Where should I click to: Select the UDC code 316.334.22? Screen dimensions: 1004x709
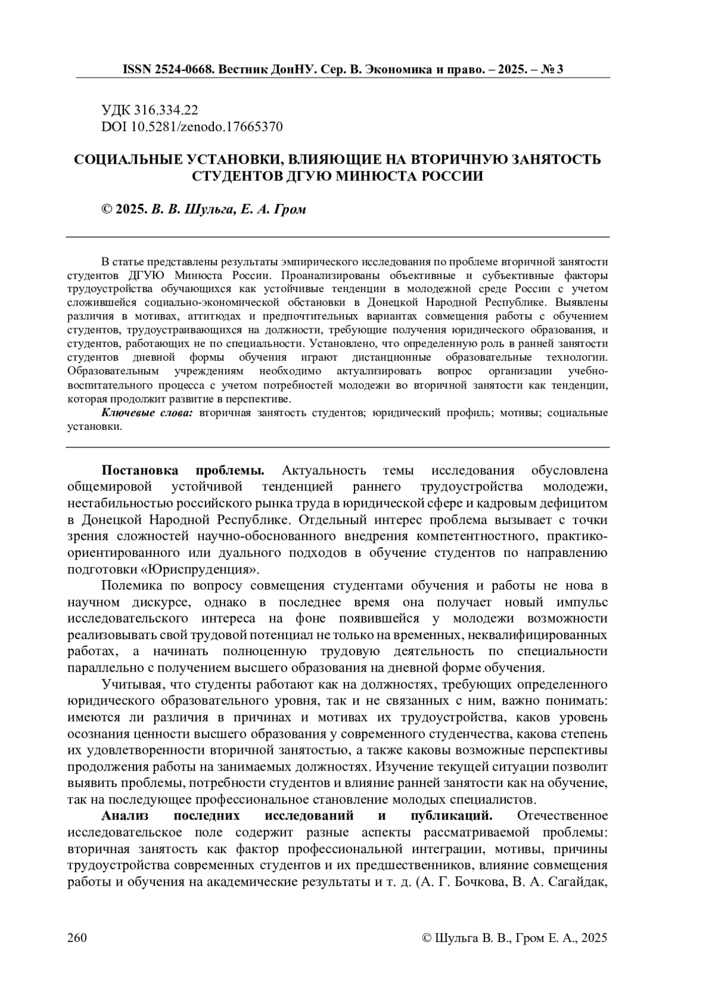tap(167, 111)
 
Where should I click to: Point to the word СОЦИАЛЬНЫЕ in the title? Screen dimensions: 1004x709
tap(124, 160)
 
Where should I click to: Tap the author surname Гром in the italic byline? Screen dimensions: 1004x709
tap(291, 210)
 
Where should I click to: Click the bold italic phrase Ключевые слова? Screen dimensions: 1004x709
tap(147, 413)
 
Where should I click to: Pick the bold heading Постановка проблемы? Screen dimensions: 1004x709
tap(183, 471)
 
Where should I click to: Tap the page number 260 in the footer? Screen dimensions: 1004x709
tap(78, 938)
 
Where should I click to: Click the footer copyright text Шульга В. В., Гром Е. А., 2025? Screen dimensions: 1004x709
tap(520, 938)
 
